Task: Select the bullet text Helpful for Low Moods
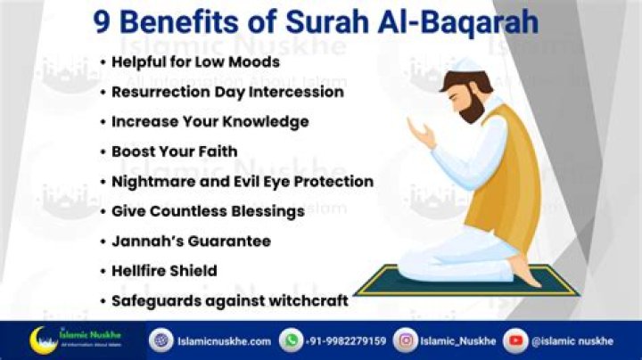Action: pos(195,61)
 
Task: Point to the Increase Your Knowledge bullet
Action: pos(210,121)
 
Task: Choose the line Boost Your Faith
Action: pos(174,151)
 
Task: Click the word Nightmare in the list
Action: pos(149,181)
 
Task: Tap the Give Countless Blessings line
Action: pos(208,211)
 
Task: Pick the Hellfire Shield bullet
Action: pos(164,270)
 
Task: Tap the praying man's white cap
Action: pos(460,78)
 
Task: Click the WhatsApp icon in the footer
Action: pos(291,340)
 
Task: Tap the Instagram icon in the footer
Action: pos(407,340)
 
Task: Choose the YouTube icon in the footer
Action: pos(514,340)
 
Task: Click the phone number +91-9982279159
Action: pos(347,340)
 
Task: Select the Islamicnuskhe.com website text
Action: pos(223,340)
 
